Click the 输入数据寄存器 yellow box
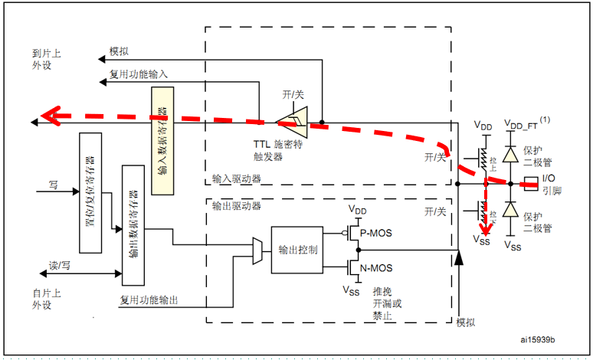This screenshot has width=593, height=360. pyautogui.click(x=162, y=139)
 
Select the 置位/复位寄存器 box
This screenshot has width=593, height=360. pyautogui.click(x=91, y=191)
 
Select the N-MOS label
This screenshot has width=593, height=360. pyautogui.click(x=376, y=269)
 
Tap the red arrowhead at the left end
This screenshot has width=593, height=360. pyautogui.click(x=51, y=116)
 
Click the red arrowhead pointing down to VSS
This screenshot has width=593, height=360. pyautogui.click(x=483, y=226)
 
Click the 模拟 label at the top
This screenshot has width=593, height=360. pyautogui.click(x=120, y=53)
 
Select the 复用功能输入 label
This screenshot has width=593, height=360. pyautogui.click(x=139, y=74)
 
